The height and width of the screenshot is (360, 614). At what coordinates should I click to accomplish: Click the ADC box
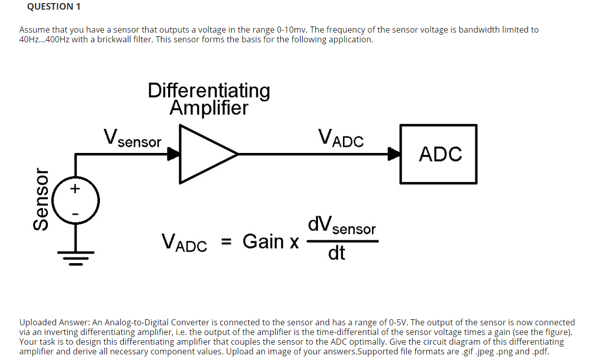click(439, 153)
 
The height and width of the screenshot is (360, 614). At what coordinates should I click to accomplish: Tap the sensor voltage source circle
click(76, 200)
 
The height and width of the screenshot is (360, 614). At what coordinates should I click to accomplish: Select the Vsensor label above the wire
click(132, 138)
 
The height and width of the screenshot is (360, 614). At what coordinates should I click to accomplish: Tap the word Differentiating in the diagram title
click(209, 90)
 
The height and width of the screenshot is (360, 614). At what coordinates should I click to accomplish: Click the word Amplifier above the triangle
click(209, 108)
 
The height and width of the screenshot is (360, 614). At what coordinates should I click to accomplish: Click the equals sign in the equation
click(227, 242)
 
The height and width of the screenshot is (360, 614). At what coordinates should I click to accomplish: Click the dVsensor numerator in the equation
click(342, 225)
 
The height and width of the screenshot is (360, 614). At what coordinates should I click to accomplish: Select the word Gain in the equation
click(264, 241)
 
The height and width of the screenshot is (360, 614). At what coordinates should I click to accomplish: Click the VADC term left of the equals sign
click(184, 242)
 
